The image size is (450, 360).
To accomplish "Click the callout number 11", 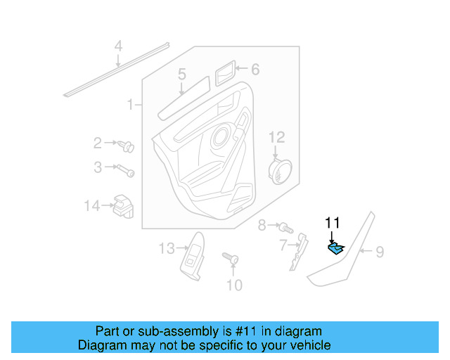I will [332, 223].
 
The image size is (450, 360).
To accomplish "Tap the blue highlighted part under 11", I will [337, 247].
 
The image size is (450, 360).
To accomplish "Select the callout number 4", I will [118, 47].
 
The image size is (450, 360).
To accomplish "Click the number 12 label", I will [276, 136].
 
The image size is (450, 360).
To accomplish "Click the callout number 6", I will [255, 69].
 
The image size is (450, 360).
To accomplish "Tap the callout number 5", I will [181, 74].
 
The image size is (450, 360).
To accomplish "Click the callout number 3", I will [98, 167].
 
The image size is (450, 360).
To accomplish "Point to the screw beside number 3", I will [124, 170].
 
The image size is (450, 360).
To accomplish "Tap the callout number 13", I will [166, 247].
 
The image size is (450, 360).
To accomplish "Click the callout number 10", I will [233, 285].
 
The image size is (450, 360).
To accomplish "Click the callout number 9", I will [379, 251].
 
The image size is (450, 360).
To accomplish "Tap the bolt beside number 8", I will [285, 227].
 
